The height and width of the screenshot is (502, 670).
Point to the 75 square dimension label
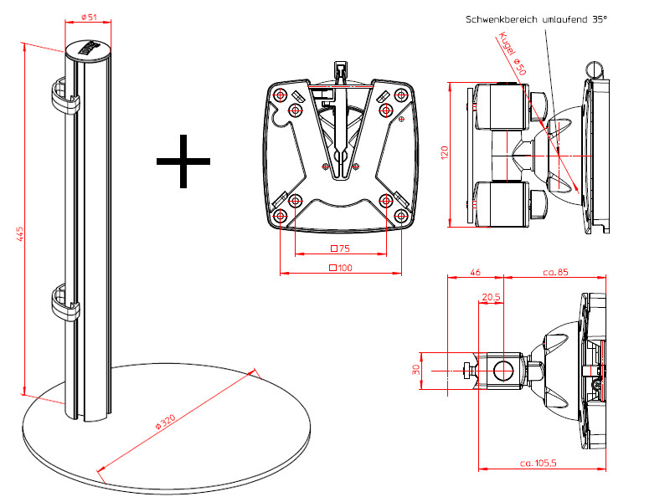[x=340, y=248]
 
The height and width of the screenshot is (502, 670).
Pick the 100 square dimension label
[x=340, y=268]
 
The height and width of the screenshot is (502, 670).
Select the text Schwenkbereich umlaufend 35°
[x=535, y=18]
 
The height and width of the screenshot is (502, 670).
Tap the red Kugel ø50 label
[x=512, y=55]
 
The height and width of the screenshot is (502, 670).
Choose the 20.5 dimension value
[x=492, y=297]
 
